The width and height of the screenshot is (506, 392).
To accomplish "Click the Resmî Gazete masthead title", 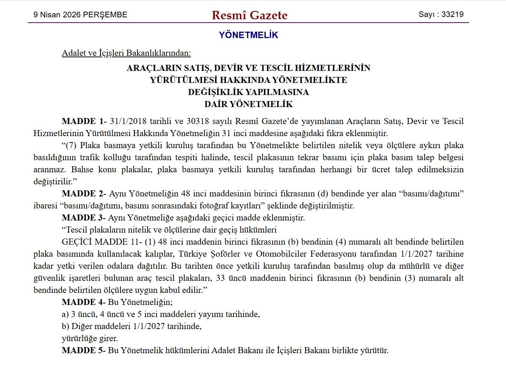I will pos(250,15).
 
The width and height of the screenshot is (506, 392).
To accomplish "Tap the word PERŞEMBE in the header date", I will pos(105,15).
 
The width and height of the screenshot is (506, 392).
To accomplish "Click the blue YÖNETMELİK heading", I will pos(248,35).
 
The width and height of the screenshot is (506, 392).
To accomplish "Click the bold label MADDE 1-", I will pos(84,121).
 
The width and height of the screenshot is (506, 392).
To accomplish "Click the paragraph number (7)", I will pos(71,145).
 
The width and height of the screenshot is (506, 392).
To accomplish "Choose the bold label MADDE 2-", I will pos(84,194).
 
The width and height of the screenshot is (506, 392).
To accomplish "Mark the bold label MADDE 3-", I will pos(84,218).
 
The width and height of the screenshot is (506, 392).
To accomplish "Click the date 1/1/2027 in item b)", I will pos(149,326).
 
